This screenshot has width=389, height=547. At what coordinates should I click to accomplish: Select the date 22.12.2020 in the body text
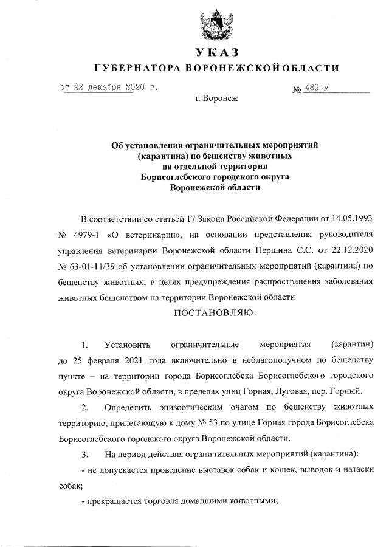click(x=354, y=250)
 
